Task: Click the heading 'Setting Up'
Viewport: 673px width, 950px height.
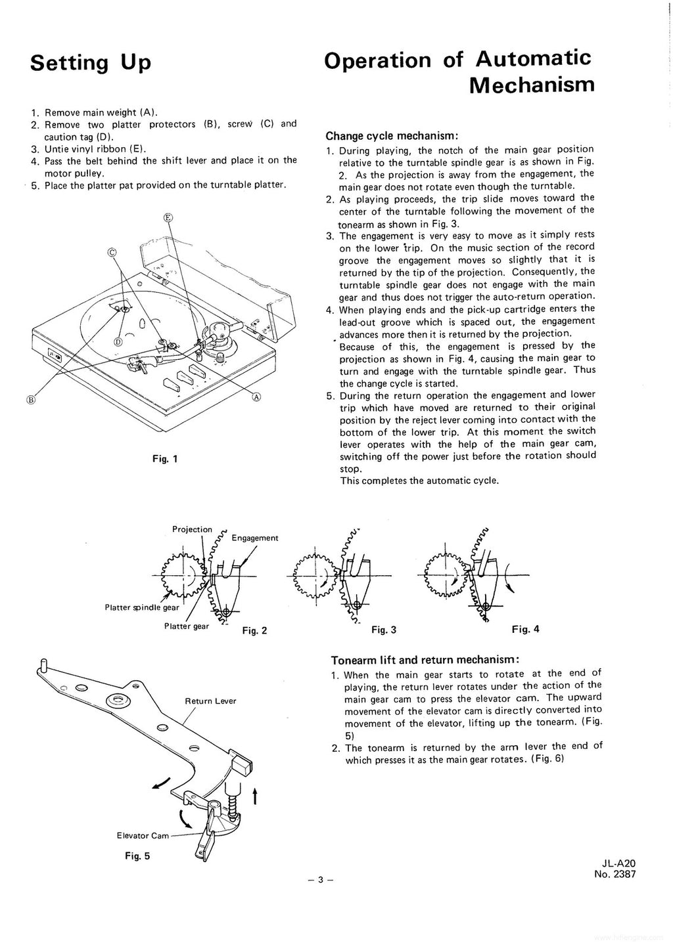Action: tap(91, 63)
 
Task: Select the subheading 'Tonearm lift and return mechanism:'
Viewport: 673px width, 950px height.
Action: tap(426, 660)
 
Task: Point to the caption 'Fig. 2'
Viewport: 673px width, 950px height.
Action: tap(254, 631)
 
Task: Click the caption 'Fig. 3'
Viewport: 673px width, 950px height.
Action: tap(384, 630)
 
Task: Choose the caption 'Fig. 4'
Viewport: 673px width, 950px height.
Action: tap(525, 629)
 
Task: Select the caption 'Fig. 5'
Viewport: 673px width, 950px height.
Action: tap(137, 855)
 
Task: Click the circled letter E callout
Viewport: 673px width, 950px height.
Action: tap(168, 218)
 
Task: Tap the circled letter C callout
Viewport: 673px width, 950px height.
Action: tap(112, 252)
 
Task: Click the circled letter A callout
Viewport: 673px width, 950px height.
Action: tap(256, 397)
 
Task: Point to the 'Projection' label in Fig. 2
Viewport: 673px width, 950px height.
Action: tap(192, 529)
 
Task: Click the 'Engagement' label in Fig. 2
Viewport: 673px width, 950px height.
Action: tap(255, 538)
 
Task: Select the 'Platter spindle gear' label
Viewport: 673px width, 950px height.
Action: tap(141, 607)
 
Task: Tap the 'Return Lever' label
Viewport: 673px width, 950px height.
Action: tap(210, 701)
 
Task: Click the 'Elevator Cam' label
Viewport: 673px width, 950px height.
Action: tap(143, 836)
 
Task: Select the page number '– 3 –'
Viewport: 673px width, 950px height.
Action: tap(321, 880)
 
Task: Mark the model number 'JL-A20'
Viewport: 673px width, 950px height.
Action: tap(618, 864)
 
